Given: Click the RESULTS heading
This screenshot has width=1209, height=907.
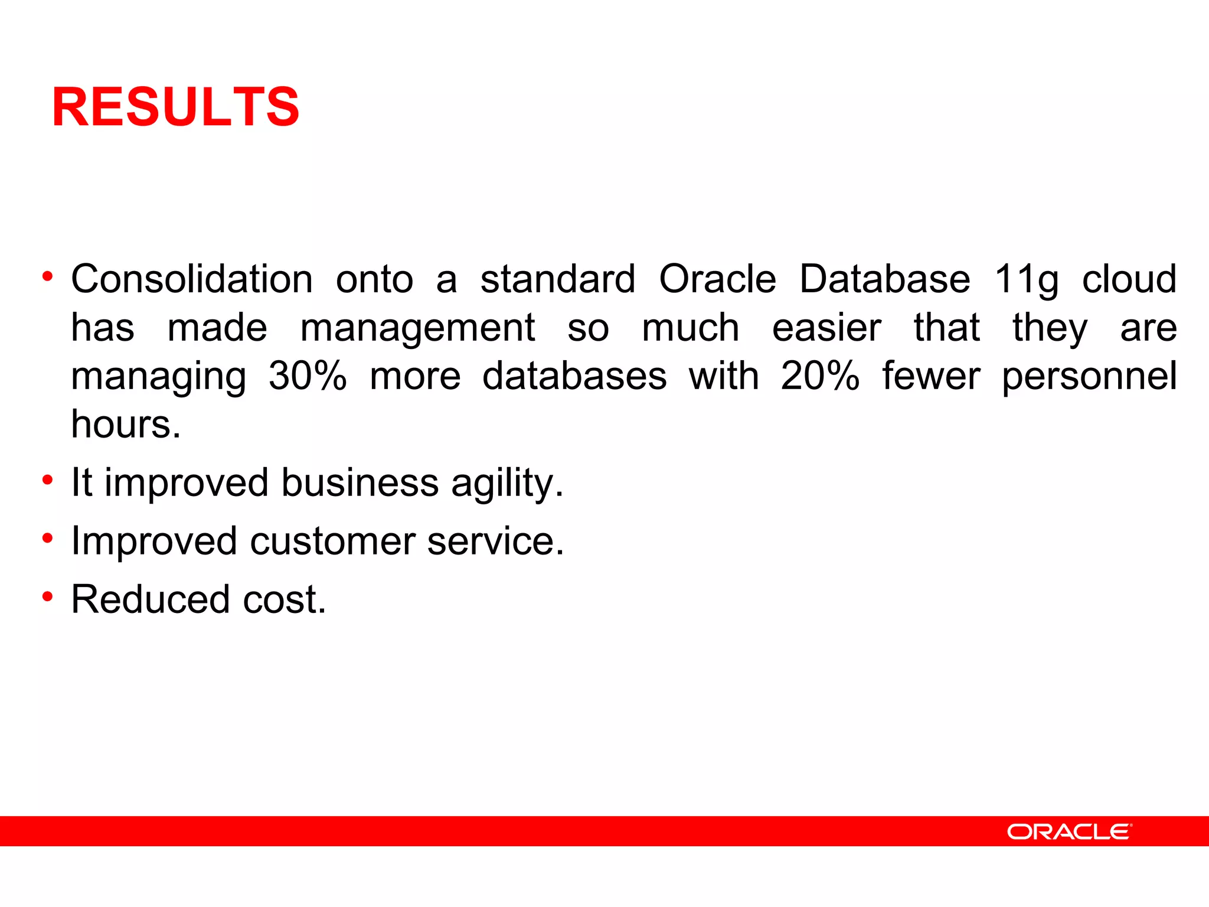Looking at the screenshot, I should (x=175, y=107).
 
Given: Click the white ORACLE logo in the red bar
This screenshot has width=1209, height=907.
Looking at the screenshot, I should (x=1069, y=832).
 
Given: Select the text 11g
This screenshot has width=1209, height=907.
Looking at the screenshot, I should (x=1026, y=280).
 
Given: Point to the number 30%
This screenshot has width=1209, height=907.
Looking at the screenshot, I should (x=308, y=376).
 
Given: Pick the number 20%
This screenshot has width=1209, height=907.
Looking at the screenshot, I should (x=820, y=376).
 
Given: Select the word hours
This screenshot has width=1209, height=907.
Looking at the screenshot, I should (x=125, y=425).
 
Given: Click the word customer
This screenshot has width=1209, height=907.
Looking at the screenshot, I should (x=332, y=541).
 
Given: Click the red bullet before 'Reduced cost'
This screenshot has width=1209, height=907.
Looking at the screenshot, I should (x=48, y=596).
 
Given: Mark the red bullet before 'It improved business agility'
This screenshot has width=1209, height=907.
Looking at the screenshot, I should (x=48, y=479).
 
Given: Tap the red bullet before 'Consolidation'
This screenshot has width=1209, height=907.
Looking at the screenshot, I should (x=48, y=276).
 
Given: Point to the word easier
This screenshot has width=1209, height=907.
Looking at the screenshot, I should (x=826, y=328).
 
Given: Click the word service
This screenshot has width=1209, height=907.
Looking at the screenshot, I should (x=495, y=541).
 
